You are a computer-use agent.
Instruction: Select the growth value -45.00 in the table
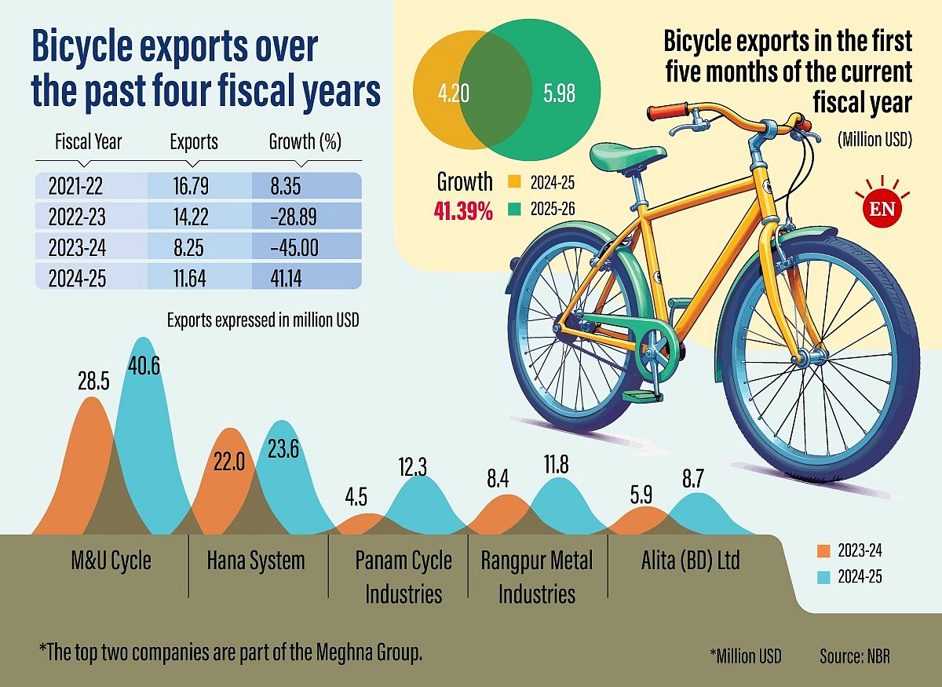(293, 248)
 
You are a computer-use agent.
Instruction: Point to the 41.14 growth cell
(287, 279)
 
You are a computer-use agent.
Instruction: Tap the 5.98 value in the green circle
(559, 94)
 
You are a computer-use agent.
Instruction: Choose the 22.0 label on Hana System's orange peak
(229, 462)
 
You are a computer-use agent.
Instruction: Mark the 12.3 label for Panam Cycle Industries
(413, 468)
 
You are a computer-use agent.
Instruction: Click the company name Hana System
(256, 561)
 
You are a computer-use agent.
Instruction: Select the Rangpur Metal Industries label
(537, 577)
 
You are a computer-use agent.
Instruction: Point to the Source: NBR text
(855, 656)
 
